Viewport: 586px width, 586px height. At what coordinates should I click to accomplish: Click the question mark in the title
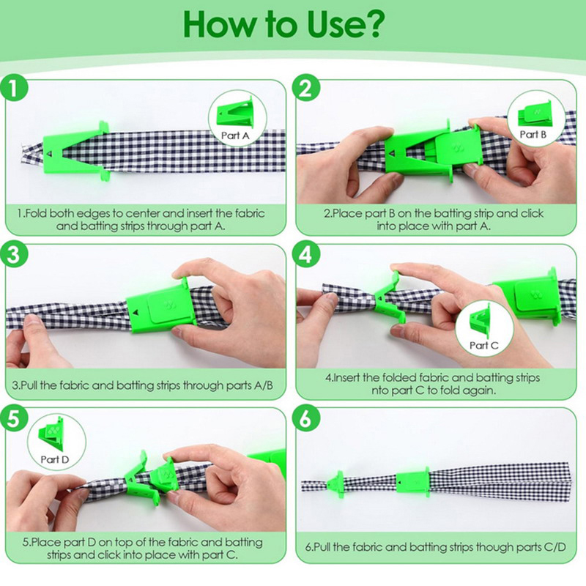(371, 25)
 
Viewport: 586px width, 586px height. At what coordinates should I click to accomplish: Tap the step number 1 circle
(14, 89)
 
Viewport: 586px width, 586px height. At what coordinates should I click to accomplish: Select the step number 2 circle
(306, 89)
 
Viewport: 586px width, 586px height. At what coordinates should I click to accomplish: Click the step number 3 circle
(14, 255)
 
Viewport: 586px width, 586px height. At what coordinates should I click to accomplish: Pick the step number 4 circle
(306, 255)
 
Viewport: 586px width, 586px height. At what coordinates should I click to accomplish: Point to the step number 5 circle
(14, 418)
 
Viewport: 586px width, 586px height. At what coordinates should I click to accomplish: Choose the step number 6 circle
(306, 418)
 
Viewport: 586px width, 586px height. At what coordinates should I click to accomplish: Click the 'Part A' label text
(235, 136)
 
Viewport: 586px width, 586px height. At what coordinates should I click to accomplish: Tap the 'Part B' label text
(533, 134)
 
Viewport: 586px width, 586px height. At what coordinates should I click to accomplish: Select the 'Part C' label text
(484, 345)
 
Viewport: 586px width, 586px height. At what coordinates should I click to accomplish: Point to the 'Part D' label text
(55, 459)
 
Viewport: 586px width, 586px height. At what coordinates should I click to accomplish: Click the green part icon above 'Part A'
(235, 113)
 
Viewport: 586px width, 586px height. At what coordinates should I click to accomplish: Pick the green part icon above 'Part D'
(51, 434)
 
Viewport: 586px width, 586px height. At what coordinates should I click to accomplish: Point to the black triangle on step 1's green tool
(50, 154)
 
